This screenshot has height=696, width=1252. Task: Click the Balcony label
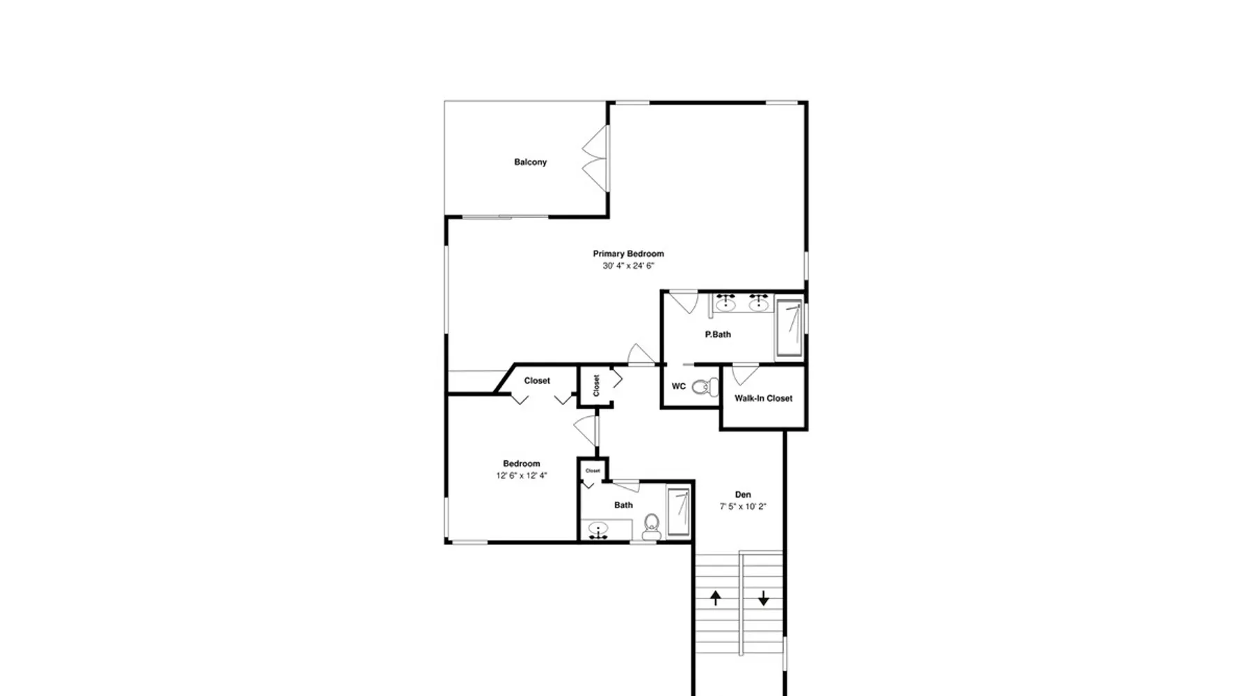coord(530,162)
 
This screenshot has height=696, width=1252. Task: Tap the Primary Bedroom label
coord(628,254)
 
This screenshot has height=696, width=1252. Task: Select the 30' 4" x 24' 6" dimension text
coord(628,266)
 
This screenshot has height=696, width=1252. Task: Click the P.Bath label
coord(718,334)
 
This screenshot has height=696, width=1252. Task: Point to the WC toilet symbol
coord(705,386)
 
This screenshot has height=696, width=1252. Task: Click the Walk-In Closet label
coord(763,398)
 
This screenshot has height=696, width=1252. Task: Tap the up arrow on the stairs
coord(715,597)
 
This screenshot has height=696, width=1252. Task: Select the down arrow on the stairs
coord(763,598)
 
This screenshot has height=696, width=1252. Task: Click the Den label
coord(743,495)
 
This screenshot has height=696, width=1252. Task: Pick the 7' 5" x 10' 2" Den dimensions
coord(743,507)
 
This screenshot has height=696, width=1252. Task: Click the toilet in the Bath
coord(651,527)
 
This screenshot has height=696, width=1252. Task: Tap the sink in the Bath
coord(598,531)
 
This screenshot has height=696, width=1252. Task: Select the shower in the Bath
coord(679,512)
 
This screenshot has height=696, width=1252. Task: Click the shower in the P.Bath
coord(789,328)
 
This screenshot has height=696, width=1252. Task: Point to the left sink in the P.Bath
coord(726,303)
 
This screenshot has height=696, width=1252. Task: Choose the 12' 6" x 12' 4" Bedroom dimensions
coord(522,476)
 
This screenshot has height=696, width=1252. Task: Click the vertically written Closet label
coord(596,386)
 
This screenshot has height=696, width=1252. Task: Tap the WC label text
coord(679,386)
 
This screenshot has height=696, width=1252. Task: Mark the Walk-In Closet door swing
coord(745,374)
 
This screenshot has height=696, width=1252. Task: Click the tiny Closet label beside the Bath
coord(593,470)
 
